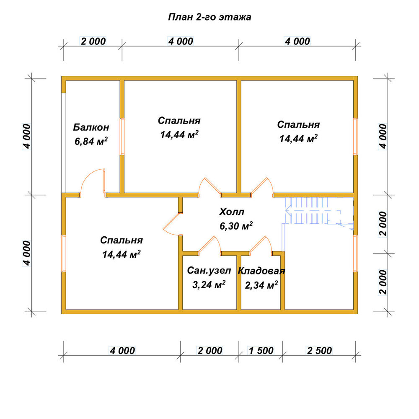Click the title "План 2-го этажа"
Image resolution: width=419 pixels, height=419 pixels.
tap(209, 17)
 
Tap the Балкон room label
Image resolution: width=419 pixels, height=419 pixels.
tap(91, 127)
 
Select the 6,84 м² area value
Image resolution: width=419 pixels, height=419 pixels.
tap(91, 141)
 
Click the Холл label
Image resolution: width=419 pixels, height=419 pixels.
tap(232, 212)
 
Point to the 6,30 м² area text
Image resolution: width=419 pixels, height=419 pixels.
tap(236, 226)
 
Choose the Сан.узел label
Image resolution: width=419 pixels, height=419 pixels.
tap(209, 270)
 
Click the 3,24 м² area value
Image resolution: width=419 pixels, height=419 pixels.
tap(209, 285)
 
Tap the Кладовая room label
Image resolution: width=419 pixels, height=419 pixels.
tap(261, 271)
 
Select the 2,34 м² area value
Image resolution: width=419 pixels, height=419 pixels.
tap(261, 285)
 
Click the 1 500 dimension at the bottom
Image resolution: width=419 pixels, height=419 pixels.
tap(261, 351)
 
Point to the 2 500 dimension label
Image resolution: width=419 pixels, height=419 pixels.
tap(319, 351)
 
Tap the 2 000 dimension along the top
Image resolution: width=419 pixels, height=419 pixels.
tap(93, 41)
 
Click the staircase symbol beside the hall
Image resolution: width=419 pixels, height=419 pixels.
tap(318, 211)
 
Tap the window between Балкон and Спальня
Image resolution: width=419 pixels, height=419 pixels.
tap(122, 137)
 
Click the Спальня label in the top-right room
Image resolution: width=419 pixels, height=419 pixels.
tap(298, 124)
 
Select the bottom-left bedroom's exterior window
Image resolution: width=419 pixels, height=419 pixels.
tap(64, 253)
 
